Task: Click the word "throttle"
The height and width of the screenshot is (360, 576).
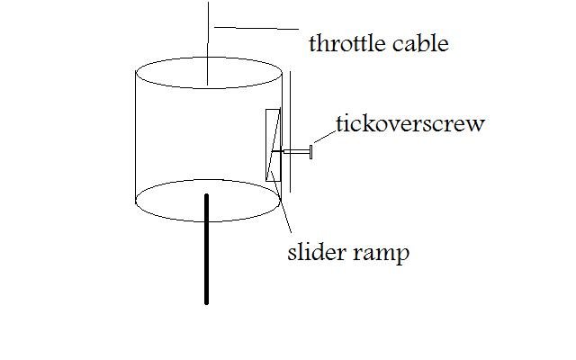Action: pos(344,42)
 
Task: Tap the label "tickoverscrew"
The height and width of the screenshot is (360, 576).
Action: pos(409,123)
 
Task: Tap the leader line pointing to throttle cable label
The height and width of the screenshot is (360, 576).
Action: pos(256,31)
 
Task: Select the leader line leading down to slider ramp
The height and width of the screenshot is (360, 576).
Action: pos(284,211)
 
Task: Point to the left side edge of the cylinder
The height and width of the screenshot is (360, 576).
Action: pos(134,135)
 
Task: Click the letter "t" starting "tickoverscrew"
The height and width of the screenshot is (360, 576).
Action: pos(339,123)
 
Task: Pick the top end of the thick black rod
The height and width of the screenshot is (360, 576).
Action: pos(206,196)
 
